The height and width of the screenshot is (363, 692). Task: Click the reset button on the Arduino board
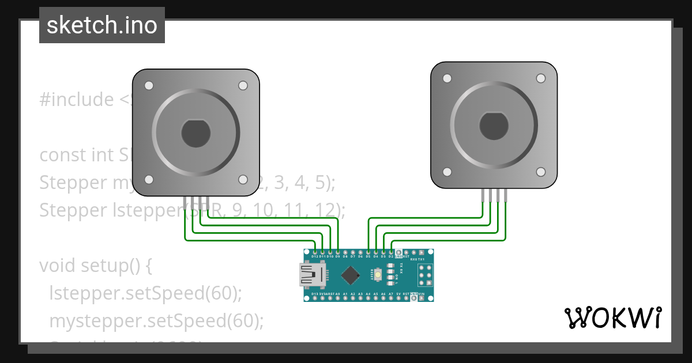(378, 276)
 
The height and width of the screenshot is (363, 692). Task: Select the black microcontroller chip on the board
(349, 275)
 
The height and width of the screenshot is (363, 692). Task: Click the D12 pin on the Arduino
(315, 252)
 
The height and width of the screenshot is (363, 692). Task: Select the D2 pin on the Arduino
(391, 252)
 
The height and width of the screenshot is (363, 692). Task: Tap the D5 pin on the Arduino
(368, 252)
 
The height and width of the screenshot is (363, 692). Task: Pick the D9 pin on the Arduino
(337, 252)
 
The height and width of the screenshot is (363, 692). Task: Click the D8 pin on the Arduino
(345, 252)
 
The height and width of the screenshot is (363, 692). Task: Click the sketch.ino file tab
(102, 25)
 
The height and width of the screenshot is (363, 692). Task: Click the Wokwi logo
(612, 317)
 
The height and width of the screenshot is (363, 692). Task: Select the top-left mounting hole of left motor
(148, 86)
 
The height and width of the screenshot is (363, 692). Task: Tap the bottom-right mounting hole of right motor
(540, 172)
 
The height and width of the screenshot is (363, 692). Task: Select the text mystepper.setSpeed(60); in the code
(156, 320)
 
